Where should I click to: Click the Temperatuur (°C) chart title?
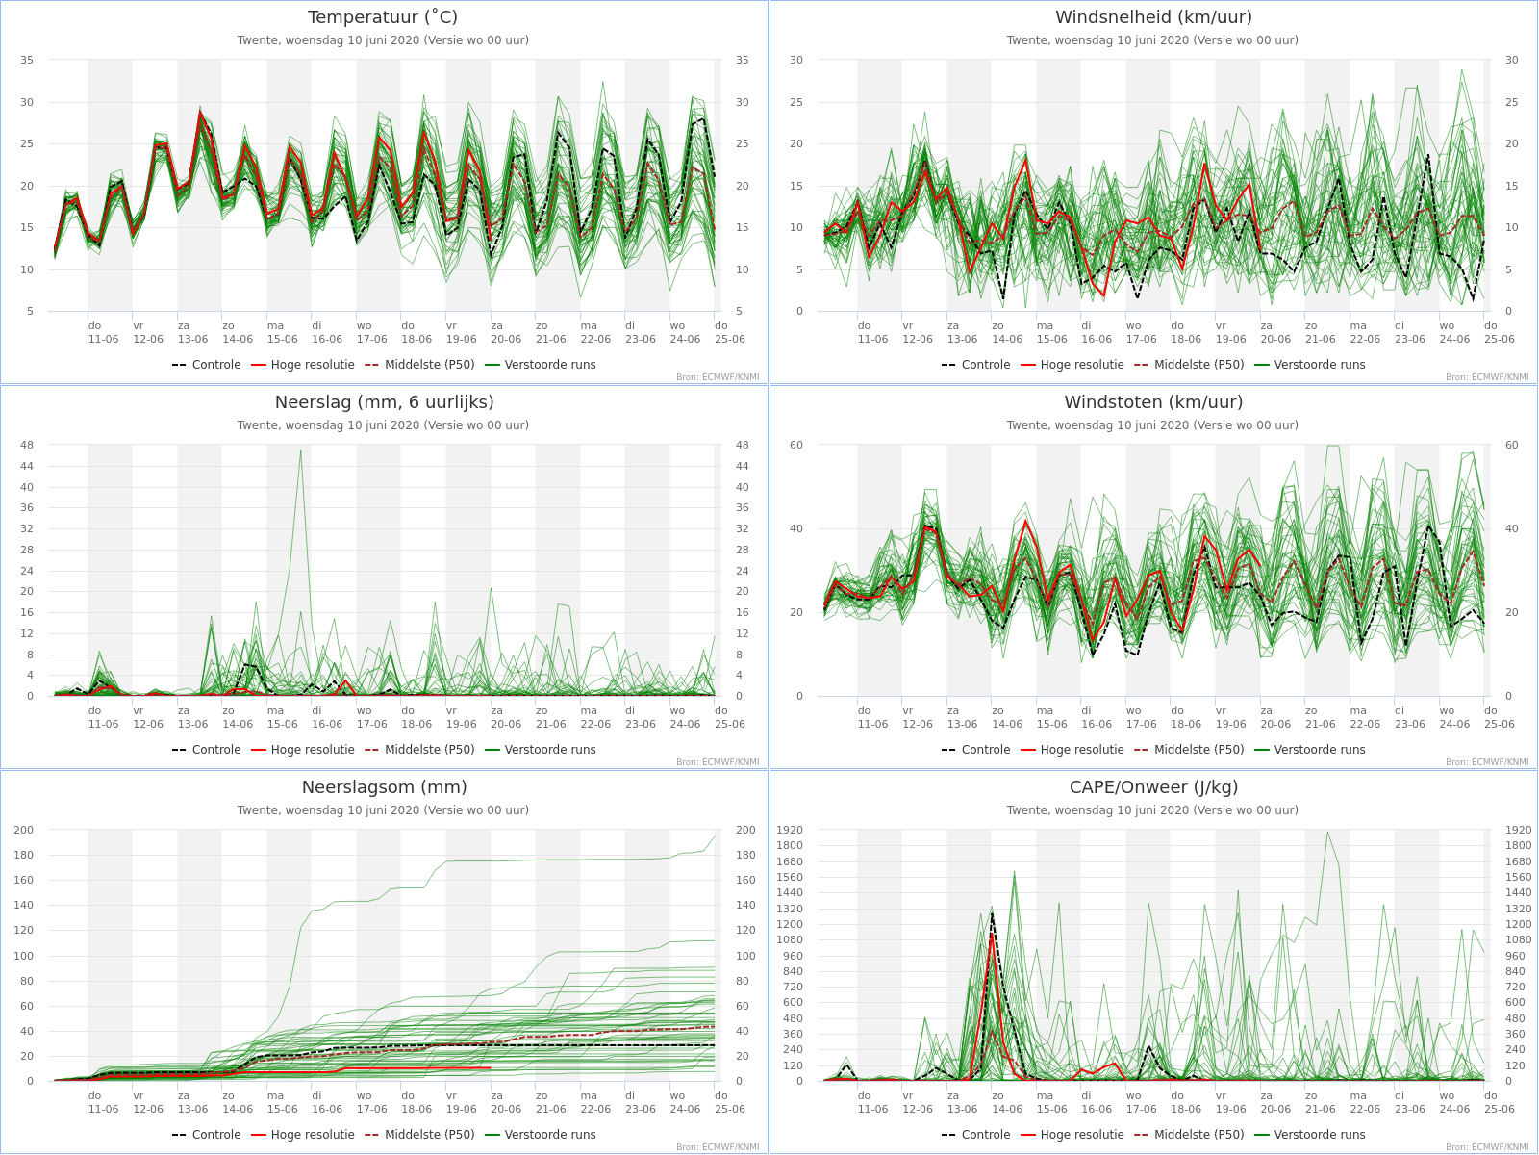[383, 17]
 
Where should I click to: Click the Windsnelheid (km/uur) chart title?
[1153, 17]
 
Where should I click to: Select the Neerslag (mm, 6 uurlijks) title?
[384, 402]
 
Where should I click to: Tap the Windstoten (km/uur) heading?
[1153, 402]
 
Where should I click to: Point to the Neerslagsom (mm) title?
[384, 787]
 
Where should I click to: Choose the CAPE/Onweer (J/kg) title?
[1153, 787]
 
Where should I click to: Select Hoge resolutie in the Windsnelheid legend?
[1072, 365]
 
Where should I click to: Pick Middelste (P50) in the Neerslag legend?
[419, 750]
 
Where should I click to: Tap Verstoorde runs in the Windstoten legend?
[1310, 750]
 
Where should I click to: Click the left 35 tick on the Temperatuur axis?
[27, 61]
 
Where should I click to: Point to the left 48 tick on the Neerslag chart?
[27, 446]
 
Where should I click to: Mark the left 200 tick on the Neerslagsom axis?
[24, 831]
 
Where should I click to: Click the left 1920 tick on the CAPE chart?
[790, 831]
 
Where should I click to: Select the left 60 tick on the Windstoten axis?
[796, 446]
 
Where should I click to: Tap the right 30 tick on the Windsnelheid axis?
[1512, 61]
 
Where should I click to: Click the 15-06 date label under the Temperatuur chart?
[282, 340]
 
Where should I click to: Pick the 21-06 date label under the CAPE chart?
[1321, 1110]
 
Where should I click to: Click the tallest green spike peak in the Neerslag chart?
[301, 450]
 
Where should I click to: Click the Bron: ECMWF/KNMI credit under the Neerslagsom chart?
[718, 1147]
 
